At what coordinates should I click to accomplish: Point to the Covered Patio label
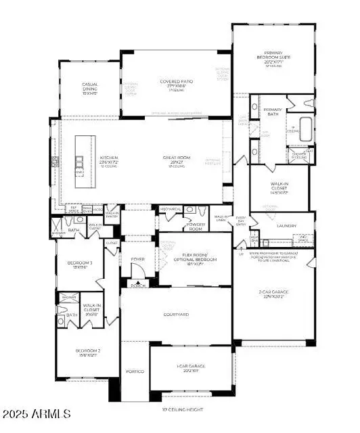pyautogui.click(x=174, y=84)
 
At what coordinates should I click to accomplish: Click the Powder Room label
pyautogui.click(x=196, y=227)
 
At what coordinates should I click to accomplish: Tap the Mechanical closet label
pyautogui.click(x=171, y=210)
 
